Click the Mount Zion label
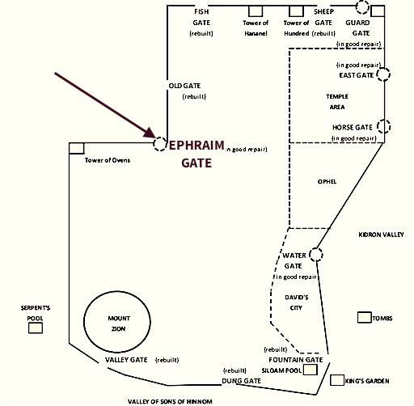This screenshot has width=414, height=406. (119, 324)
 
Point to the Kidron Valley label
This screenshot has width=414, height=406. (381, 235)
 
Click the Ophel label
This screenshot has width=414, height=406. (327, 182)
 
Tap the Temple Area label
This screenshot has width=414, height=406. (337, 102)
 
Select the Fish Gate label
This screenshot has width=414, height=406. (201, 17)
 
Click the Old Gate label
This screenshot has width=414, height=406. (184, 86)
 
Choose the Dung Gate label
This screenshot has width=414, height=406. (241, 381)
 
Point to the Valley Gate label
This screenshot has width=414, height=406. (126, 360)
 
